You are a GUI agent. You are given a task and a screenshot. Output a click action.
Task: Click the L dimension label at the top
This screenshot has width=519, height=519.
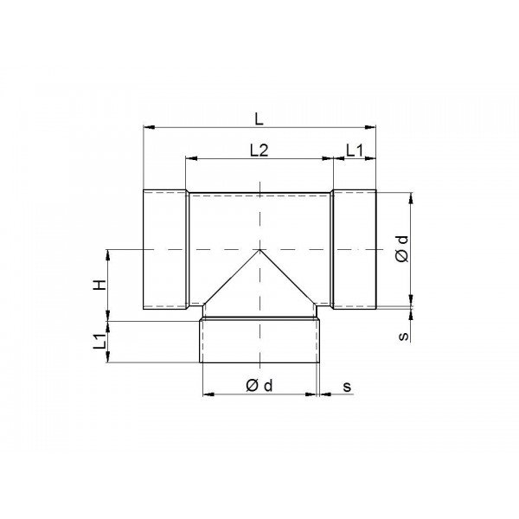tap(259, 119)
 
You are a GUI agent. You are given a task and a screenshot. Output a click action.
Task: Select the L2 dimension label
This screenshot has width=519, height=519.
tap(259, 151)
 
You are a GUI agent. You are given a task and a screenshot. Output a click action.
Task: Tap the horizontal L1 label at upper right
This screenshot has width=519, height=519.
tap(355, 151)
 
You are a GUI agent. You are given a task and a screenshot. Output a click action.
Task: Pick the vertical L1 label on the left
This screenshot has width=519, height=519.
tap(100, 341)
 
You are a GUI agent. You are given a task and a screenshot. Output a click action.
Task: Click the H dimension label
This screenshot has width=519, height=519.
tap(100, 285)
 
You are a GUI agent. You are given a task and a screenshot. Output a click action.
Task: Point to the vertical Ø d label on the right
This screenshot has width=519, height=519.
tap(403, 249)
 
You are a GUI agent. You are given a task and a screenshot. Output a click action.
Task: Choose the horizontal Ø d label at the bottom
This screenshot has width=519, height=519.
tap(259, 386)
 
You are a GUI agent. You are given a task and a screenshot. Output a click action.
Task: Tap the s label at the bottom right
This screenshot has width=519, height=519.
tap(347, 387)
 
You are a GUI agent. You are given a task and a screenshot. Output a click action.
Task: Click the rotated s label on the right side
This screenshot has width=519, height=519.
tap(403, 336)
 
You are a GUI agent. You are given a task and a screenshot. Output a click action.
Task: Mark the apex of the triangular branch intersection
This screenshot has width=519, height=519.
tap(259, 250)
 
